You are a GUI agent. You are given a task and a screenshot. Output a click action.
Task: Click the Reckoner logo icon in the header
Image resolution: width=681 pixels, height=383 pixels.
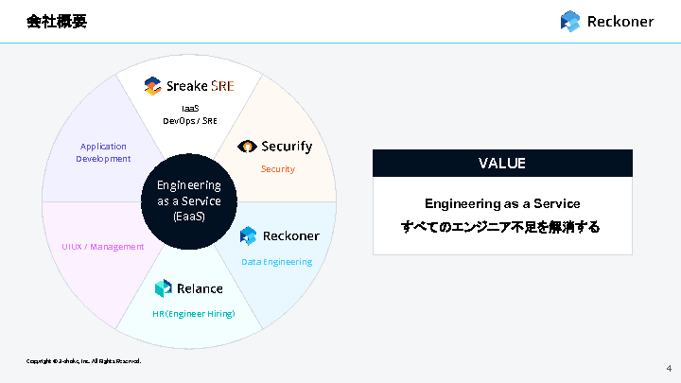pyautogui.click(x=569, y=21)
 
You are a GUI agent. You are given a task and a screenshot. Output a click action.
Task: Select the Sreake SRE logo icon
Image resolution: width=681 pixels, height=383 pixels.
pyautogui.click(x=152, y=86)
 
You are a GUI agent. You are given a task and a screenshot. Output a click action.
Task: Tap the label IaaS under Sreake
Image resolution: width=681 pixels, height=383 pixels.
pyautogui.click(x=189, y=108)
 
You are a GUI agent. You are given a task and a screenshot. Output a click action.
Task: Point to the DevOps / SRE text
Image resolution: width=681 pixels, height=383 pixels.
pyautogui.click(x=189, y=120)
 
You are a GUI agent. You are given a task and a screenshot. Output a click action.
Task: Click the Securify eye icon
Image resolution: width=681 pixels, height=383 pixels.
pyautogui.click(x=247, y=147)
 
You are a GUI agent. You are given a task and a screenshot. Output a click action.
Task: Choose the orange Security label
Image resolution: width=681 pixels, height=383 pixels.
pyautogui.click(x=277, y=168)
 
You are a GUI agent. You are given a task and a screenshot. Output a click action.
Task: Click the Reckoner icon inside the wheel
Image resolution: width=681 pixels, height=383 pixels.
pyautogui.click(x=249, y=235)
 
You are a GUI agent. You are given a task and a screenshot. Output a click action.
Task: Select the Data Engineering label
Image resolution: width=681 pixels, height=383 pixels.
pyautogui.click(x=276, y=261)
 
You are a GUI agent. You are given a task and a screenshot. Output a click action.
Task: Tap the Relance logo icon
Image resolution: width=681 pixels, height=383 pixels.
pyautogui.click(x=163, y=288)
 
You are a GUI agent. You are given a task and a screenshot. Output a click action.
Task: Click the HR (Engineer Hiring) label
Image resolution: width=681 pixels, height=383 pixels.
pyautogui.click(x=193, y=313)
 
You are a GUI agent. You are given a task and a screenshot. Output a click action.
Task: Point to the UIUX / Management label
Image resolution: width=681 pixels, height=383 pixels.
pyautogui.click(x=96, y=247)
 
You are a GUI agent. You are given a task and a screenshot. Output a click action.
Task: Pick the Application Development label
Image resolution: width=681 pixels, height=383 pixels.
pyautogui.click(x=103, y=152)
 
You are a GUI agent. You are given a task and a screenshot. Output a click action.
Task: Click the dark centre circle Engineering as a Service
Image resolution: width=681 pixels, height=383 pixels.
pyautogui.click(x=189, y=200)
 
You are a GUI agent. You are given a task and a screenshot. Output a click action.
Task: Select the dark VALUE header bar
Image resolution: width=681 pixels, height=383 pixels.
pyautogui.click(x=501, y=163)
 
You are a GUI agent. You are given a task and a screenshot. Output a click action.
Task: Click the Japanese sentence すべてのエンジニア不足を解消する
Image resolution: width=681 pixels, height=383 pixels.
pyautogui.click(x=501, y=228)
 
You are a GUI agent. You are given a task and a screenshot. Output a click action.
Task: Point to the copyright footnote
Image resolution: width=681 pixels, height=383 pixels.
pyautogui.click(x=83, y=360)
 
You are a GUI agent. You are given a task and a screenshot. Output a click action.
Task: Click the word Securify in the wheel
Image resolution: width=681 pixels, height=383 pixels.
pyautogui.click(x=287, y=147)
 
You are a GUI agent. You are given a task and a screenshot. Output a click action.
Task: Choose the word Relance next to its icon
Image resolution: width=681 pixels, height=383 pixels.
pyautogui.click(x=200, y=288)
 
